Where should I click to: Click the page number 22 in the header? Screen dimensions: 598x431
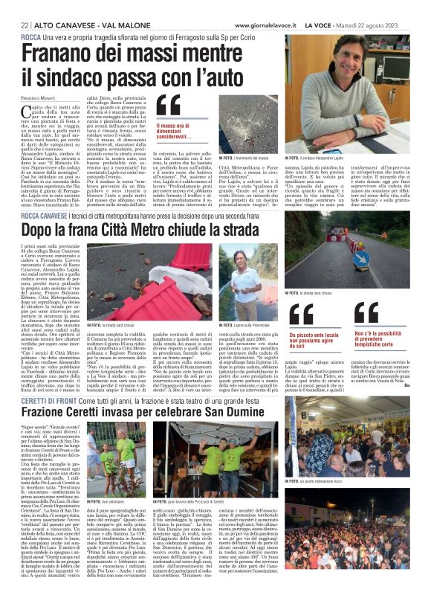pyautogui.click(x=25, y=25)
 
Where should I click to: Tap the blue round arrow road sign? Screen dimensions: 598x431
pyautogui.click(x=360, y=258)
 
